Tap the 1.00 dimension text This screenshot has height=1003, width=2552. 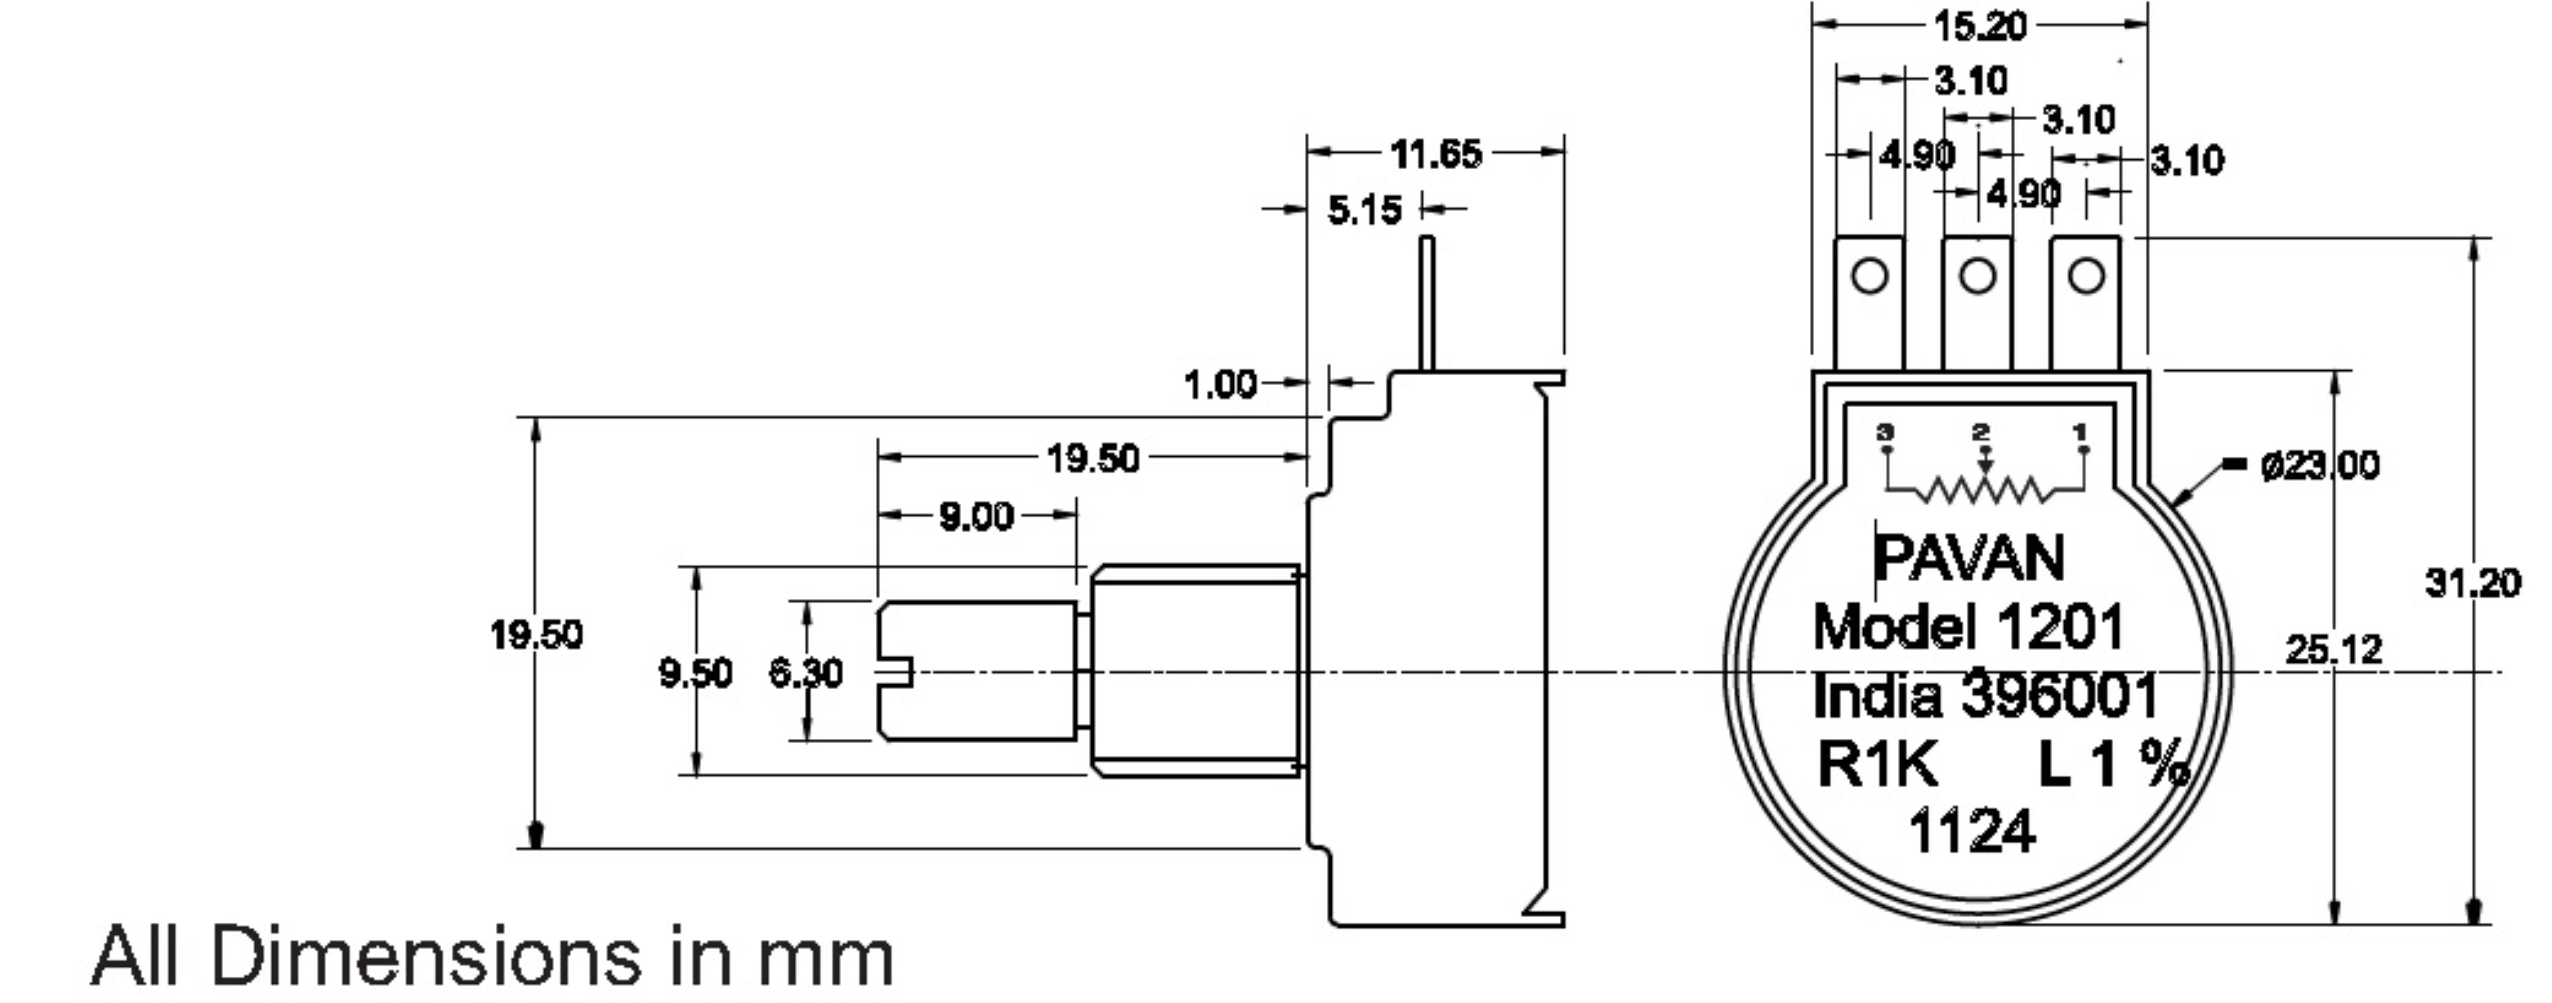click(x=1220, y=384)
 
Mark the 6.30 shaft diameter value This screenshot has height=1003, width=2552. click(x=805, y=674)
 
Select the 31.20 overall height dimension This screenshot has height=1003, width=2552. click(x=2472, y=583)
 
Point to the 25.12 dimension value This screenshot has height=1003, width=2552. click(x=2332, y=650)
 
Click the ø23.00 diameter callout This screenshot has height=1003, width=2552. click(x=2319, y=465)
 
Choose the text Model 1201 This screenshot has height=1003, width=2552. click(x=1967, y=627)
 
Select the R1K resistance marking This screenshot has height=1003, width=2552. click(x=1877, y=764)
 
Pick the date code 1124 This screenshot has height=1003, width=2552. click(x=1972, y=831)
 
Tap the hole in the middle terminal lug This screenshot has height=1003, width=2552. click(x=1977, y=275)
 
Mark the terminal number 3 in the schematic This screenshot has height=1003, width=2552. click(x=1885, y=432)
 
